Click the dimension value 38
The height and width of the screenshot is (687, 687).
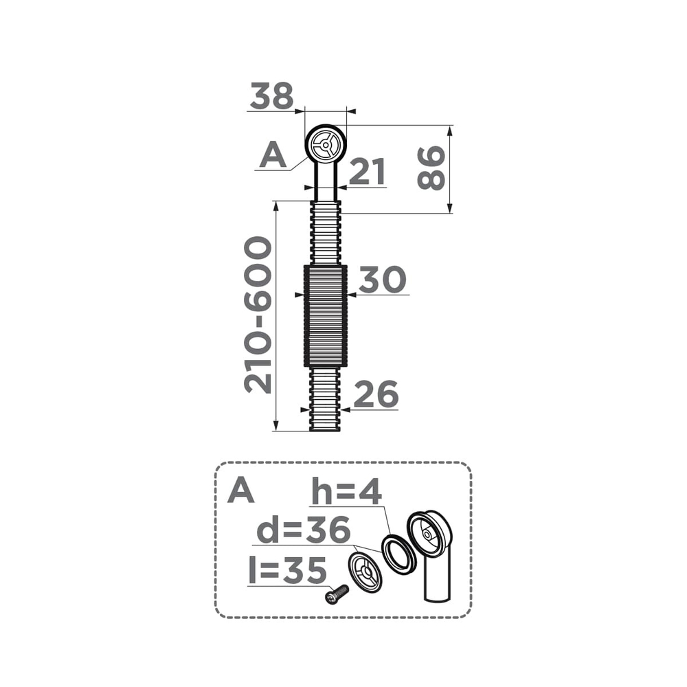coord(272,96)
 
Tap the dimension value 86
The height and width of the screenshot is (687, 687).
coord(431,168)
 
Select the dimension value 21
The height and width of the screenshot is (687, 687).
coord(367,172)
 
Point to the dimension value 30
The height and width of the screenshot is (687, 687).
coord(383,280)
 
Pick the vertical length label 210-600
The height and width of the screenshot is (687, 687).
coord(259,315)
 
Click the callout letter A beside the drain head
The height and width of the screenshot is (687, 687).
coord(273,156)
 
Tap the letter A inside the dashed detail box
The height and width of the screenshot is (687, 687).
coord(241,491)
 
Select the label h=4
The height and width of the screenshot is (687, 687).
coord(346,492)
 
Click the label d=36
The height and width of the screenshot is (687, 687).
coord(304,530)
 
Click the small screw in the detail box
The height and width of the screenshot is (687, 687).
coord(335,595)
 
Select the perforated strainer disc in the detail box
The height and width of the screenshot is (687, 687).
coord(364,572)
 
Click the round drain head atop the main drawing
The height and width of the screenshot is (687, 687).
coord(325,145)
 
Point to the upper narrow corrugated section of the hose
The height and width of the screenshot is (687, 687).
coord(325,232)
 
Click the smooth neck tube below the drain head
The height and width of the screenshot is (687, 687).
coord(325,182)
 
